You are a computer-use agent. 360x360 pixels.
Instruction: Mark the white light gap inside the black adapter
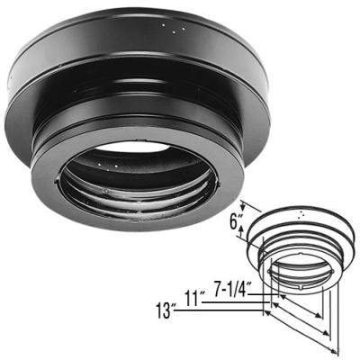[x=135, y=147]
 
